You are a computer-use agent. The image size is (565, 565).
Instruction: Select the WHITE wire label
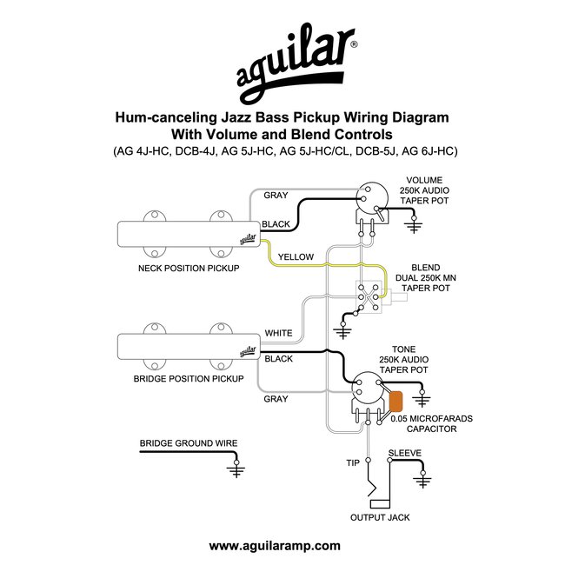(278, 333)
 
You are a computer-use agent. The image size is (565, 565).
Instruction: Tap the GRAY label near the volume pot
(276, 196)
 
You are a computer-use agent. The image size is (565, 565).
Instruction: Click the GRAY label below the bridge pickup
(276, 399)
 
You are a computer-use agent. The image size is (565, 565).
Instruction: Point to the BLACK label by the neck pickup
(276, 224)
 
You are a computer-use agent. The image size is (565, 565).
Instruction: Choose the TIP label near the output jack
(353, 462)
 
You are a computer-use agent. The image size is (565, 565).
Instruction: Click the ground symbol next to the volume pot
(417, 228)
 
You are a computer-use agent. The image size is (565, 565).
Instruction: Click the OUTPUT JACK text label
(380, 517)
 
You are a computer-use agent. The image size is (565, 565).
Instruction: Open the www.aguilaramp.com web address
(275, 546)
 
